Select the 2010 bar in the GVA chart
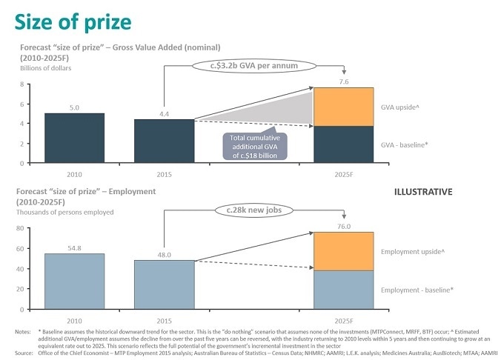coord(74,138)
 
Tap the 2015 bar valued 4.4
coord(164,141)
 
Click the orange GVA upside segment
coord(343,107)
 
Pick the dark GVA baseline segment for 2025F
coord(343,144)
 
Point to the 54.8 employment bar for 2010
coord(74,281)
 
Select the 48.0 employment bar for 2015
coord(164,284)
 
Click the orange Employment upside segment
coord(343,251)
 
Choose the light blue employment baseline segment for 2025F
coord(343,290)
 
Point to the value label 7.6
coord(343,82)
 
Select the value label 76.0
coord(343,227)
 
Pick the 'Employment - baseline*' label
coord(417,290)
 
